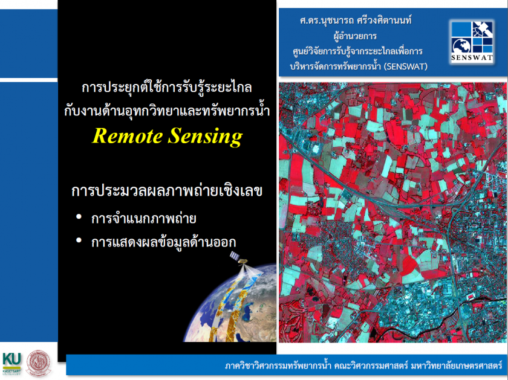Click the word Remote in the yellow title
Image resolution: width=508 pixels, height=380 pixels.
[128, 135]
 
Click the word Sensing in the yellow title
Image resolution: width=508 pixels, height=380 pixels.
[205, 137]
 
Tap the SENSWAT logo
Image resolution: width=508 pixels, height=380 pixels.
[472, 42]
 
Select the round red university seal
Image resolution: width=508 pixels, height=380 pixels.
[39, 363]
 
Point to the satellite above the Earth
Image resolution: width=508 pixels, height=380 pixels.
[239, 259]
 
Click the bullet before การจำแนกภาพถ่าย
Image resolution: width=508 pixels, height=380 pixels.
[79, 217]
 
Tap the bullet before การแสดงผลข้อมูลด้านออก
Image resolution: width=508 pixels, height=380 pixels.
[79, 240]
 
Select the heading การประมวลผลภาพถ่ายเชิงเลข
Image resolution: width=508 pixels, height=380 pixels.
[166, 191]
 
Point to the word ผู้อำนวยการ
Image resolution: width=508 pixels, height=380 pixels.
[355, 35]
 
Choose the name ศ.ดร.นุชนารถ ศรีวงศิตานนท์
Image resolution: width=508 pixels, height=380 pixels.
[356, 21]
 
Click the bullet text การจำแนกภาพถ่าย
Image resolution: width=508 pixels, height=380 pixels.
[143, 219]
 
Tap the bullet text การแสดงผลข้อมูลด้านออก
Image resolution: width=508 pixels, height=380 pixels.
[163, 242]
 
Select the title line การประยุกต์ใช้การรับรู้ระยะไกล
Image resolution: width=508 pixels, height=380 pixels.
[167, 88]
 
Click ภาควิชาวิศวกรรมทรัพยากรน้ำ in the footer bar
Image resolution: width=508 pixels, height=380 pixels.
[278, 366]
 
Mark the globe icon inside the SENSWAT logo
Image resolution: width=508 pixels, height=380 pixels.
[461, 46]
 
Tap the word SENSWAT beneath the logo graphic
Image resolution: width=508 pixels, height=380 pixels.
[472, 59]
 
